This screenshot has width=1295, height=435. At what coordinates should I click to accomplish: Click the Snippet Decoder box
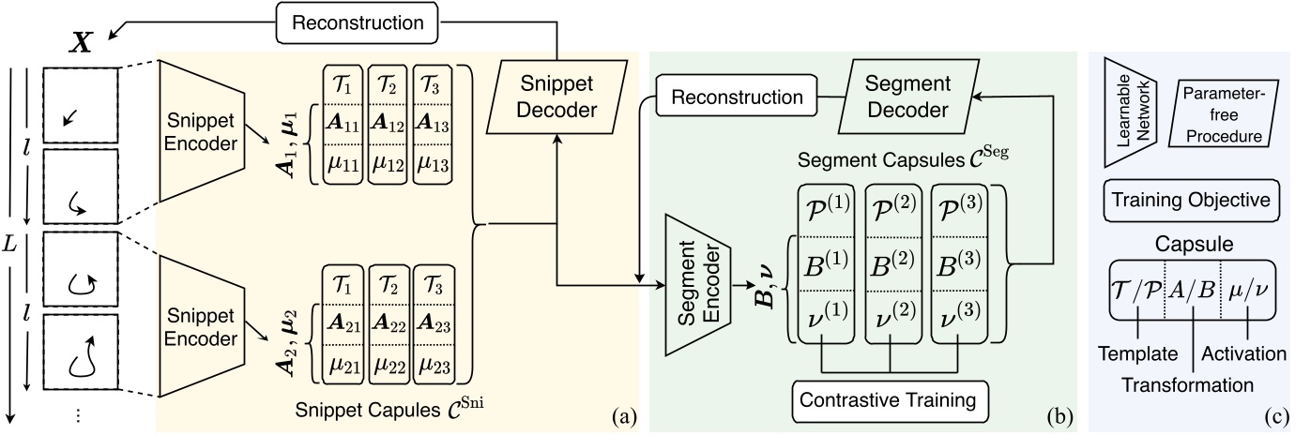(x=557, y=97)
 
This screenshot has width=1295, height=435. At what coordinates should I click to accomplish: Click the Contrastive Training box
(x=885, y=399)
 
